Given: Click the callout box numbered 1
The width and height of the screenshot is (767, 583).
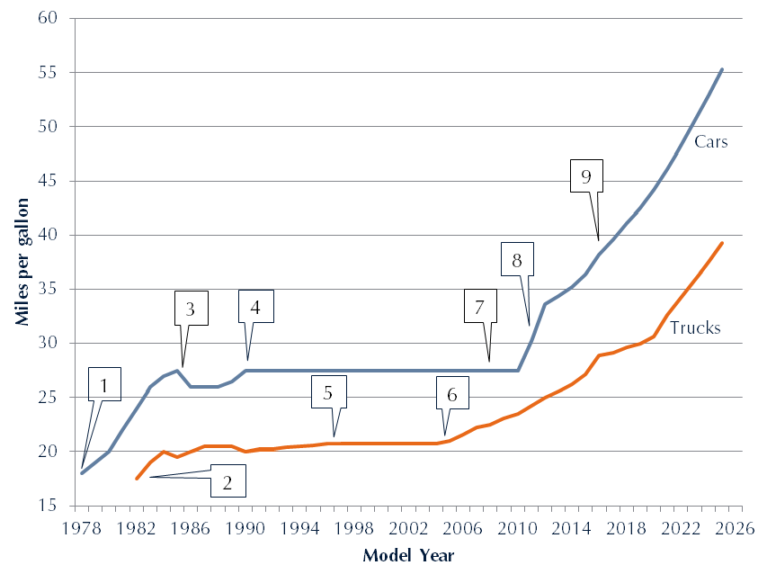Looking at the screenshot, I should click(x=104, y=385).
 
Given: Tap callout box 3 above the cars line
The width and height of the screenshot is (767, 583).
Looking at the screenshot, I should click(x=190, y=308).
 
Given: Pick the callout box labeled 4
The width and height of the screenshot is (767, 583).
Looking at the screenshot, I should click(x=255, y=307).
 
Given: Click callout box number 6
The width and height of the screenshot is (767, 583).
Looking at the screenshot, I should click(x=451, y=393).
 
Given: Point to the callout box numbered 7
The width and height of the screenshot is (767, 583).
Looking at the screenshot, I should click(x=480, y=307).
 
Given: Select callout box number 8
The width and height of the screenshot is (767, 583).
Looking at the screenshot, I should click(x=517, y=259).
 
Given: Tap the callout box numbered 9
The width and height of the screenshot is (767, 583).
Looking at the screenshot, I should click(x=585, y=176).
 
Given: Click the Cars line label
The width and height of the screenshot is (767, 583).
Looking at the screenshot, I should click(x=710, y=141).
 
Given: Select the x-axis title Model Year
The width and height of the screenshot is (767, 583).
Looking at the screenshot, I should click(x=408, y=555).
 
